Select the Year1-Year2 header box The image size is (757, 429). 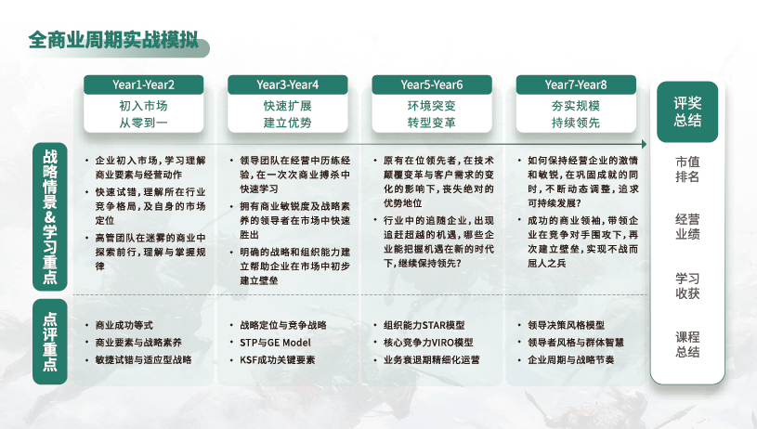pos(143,84)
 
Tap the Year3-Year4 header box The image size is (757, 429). pos(287,84)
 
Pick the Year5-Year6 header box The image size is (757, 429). pos(431,84)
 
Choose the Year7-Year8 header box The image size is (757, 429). pos(576,84)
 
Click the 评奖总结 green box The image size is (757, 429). pos(687,112)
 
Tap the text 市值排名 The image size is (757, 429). pos(687,169)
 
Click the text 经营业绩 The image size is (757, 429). pos(687,227)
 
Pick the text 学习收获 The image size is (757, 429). pos(687,286)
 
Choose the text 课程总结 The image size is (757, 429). pos(687,344)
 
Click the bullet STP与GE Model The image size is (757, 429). pos(275,343)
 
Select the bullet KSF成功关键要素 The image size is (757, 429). pos(279,359)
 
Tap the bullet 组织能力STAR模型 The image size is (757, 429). pos(424,326)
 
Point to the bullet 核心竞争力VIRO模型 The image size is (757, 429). pos(428,343)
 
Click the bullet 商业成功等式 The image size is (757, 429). pos(125,326)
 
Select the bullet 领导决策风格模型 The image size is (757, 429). pos(566,326)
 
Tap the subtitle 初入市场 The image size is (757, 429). pos(143,106)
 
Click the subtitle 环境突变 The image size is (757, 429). pos(431,106)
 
